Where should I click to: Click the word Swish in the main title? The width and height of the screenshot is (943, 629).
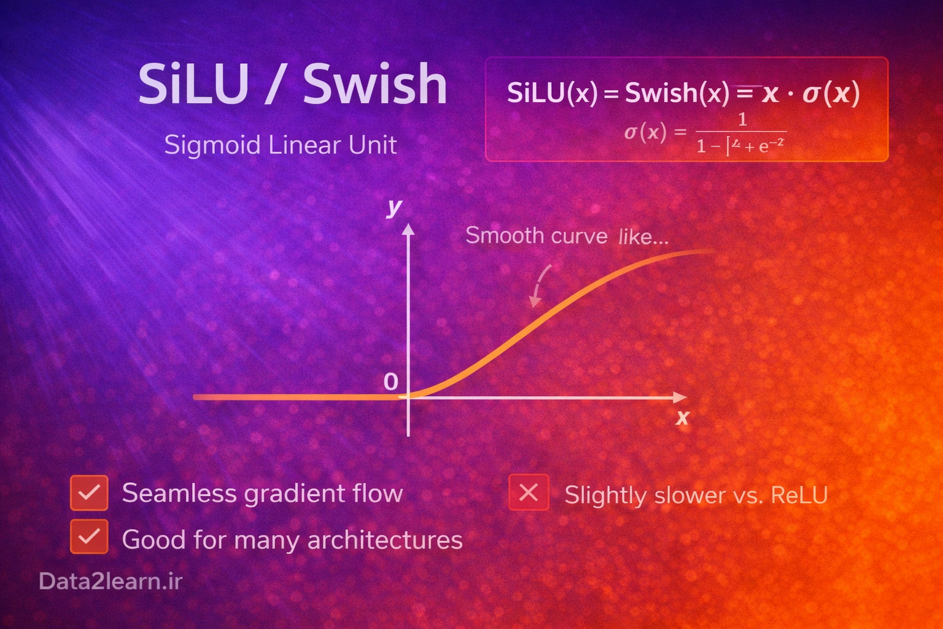(x=375, y=85)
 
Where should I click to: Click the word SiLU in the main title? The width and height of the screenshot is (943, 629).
(x=193, y=85)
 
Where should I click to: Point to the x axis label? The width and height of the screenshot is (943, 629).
(x=682, y=418)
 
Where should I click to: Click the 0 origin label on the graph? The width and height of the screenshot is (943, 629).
(x=390, y=382)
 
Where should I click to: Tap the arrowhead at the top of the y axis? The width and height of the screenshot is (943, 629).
(x=408, y=230)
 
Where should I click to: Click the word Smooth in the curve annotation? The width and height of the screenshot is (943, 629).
(x=505, y=236)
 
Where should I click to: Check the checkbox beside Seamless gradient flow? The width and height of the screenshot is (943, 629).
(x=89, y=493)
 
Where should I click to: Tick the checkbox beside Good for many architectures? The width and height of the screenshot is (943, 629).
(x=89, y=536)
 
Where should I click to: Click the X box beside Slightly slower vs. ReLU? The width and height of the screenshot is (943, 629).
(x=528, y=493)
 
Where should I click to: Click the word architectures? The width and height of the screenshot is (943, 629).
(x=385, y=540)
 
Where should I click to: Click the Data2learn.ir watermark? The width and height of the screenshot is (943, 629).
(x=111, y=581)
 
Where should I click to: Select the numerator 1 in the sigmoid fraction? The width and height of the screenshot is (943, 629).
(x=742, y=119)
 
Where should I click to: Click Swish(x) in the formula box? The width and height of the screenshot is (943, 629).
(x=677, y=93)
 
